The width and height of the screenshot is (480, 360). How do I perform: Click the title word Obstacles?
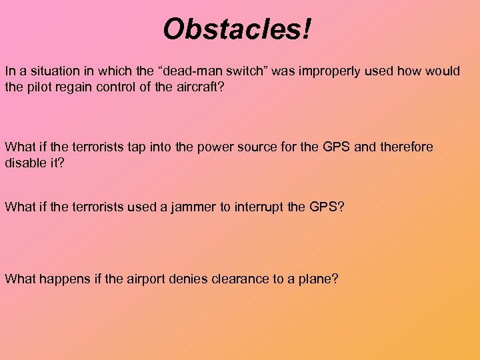click(237, 29)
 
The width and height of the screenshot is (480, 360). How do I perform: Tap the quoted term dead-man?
click(196, 71)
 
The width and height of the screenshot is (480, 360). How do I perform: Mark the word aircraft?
click(198, 88)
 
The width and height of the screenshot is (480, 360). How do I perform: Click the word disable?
click(25, 163)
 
